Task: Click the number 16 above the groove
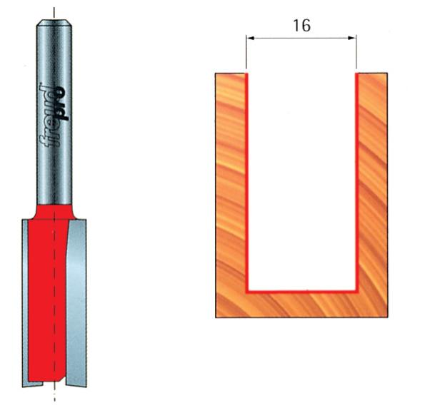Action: (x=301, y=25)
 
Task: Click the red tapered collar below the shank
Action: (x=54, y=210)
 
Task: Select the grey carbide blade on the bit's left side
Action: (x=26, y=300)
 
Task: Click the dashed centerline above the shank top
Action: (x=54, y=10)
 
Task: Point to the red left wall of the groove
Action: (x=246, y=178)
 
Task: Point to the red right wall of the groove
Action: (x=356, y=178)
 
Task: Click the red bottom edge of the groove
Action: (x=301, y=292)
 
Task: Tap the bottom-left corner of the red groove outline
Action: (x=247, y=292)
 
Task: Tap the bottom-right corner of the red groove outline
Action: (x=356, y=292)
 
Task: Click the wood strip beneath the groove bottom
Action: (x=301, y=305)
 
